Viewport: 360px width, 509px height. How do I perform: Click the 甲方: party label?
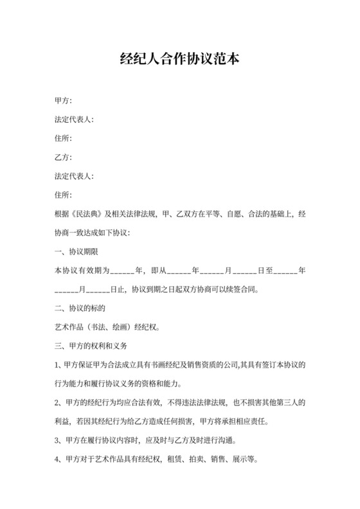click(64, 100)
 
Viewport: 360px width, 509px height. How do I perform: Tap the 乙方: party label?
click(64, 157)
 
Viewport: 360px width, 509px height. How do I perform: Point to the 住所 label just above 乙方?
click(64, 138)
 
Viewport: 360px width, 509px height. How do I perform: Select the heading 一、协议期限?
click(76, 251)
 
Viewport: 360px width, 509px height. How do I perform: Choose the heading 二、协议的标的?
click(76, 308)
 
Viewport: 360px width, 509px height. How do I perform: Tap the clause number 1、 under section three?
click(59, 365)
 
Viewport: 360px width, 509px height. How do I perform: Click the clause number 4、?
click(59, 460)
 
